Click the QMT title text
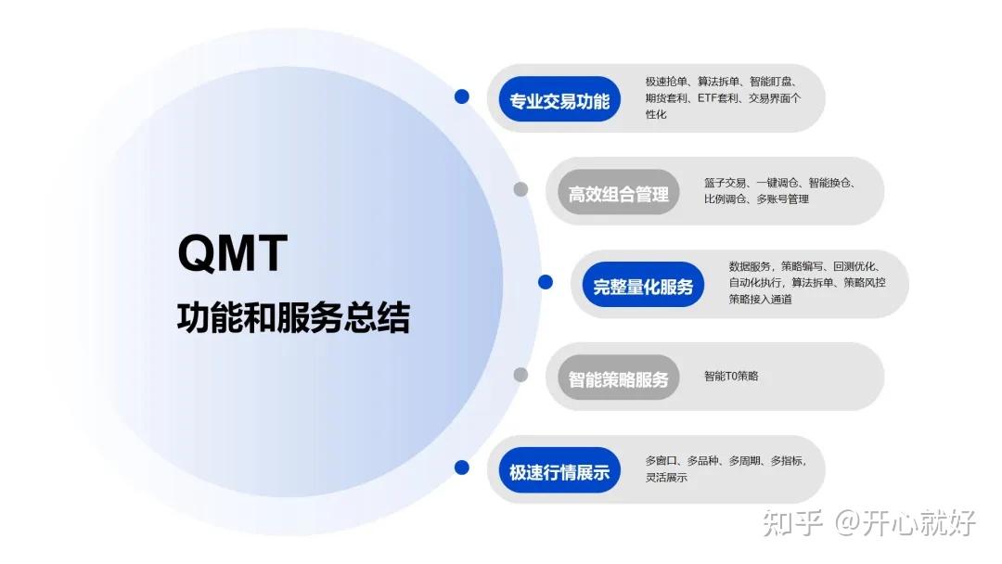[x=233, y=253]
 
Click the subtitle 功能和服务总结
[x=293, y=318]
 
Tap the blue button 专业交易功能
[x=559, y=100]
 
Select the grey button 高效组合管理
[x=618, y=194]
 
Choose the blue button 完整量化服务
[x=643, y=287]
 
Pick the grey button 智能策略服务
[x=618, y=379]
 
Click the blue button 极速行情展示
[x=559, y=472]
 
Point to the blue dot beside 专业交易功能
[x=461, y=96]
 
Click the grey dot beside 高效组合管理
[x=520, y=189]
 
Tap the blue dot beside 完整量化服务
[x=545, y=282]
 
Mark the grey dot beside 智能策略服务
[x=520, y=375]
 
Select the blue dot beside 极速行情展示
[x=461, y=468]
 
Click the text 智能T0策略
[x=731, y=376]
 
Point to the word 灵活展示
[x=666, y=477]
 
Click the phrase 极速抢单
[x=666, y=82]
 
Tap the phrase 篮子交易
[x=726, y=183]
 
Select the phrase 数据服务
[x=750, y=266]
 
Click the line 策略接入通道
[x=760, y=299]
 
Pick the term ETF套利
[x=718, y=97]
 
